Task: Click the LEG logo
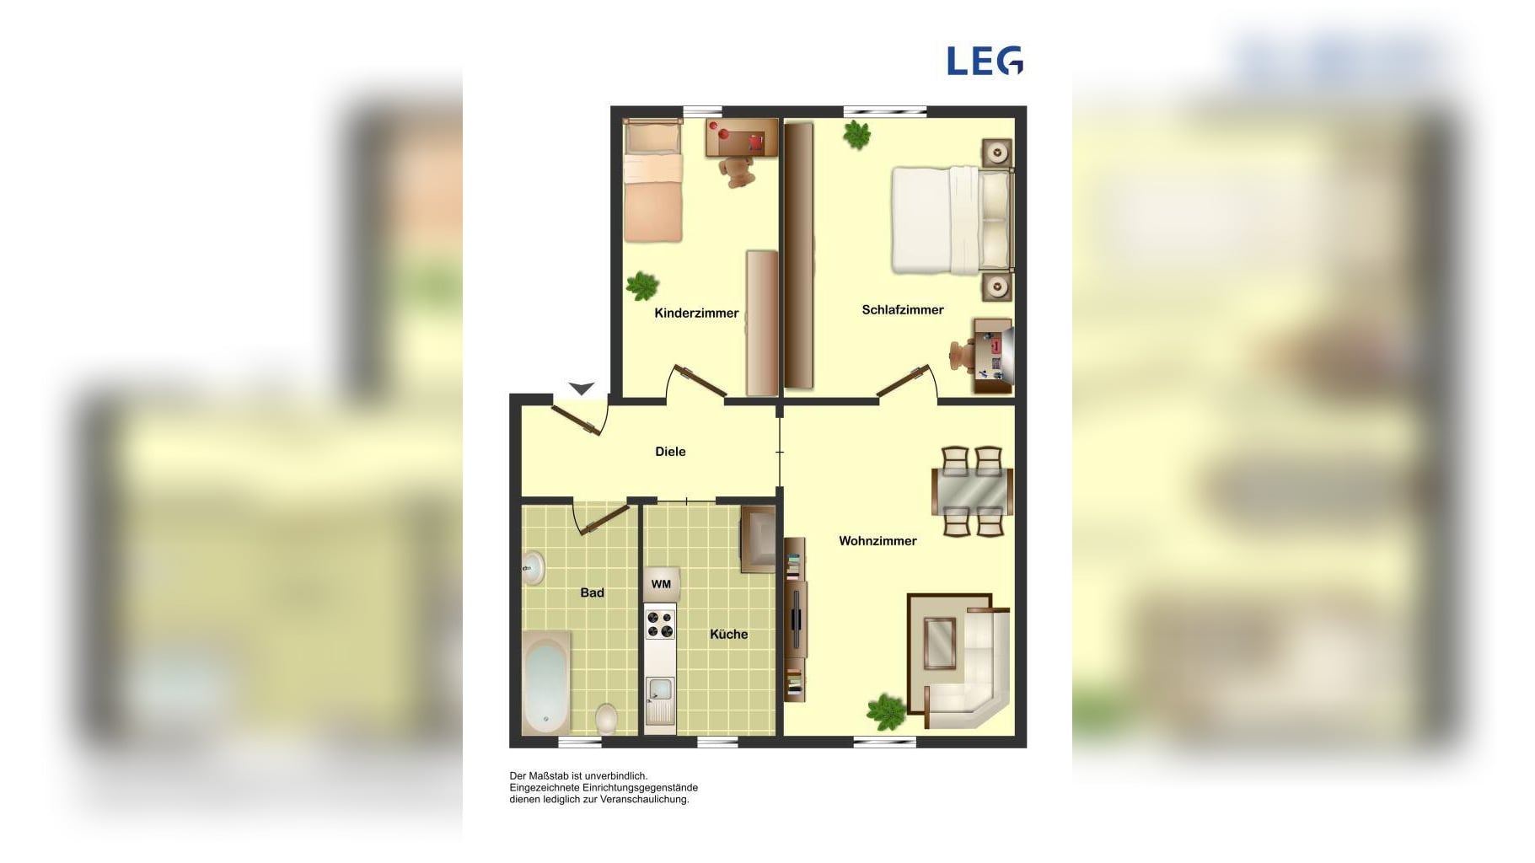click(x=985, y=61)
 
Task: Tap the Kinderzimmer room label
click(x=696, y=314)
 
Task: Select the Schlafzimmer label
click(x=903, y=310)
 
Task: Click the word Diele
click(x=670, y=452)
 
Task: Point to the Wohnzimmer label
click(x=878, y=541)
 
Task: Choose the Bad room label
click(x=592, y=593)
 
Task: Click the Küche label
click(x=728, y=635)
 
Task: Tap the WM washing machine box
click(x=661, y=584)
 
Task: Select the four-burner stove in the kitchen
click(x=660, y=625)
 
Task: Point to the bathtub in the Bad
click(x=545, y=683)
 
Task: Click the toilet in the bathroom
click(x=606, y=720)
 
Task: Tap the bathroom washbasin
click(x=533, y=567)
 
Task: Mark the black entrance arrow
click(x=581, y=389)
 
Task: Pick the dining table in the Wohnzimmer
click(x=972, y=492)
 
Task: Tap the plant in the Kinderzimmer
click(x=642, y=286)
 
